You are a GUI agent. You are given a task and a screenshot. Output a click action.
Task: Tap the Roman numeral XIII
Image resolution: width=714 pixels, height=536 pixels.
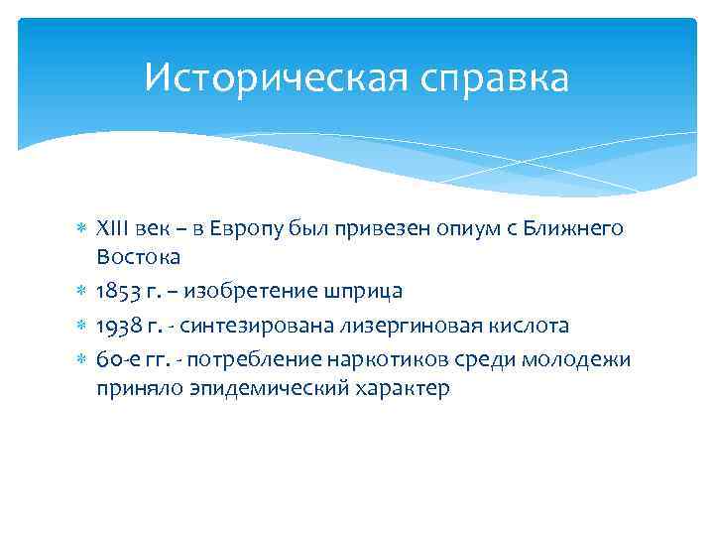pos(112,229)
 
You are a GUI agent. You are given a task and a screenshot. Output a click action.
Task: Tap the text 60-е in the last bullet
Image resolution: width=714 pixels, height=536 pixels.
pos(115,358)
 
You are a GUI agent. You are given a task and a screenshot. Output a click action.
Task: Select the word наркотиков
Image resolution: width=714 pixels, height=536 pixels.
pos(377,358)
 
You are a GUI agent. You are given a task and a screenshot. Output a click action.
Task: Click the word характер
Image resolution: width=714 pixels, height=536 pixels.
pos(396,388)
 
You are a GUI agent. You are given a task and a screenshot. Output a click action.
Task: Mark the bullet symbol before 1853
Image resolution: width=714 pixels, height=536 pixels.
pos(82,292)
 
